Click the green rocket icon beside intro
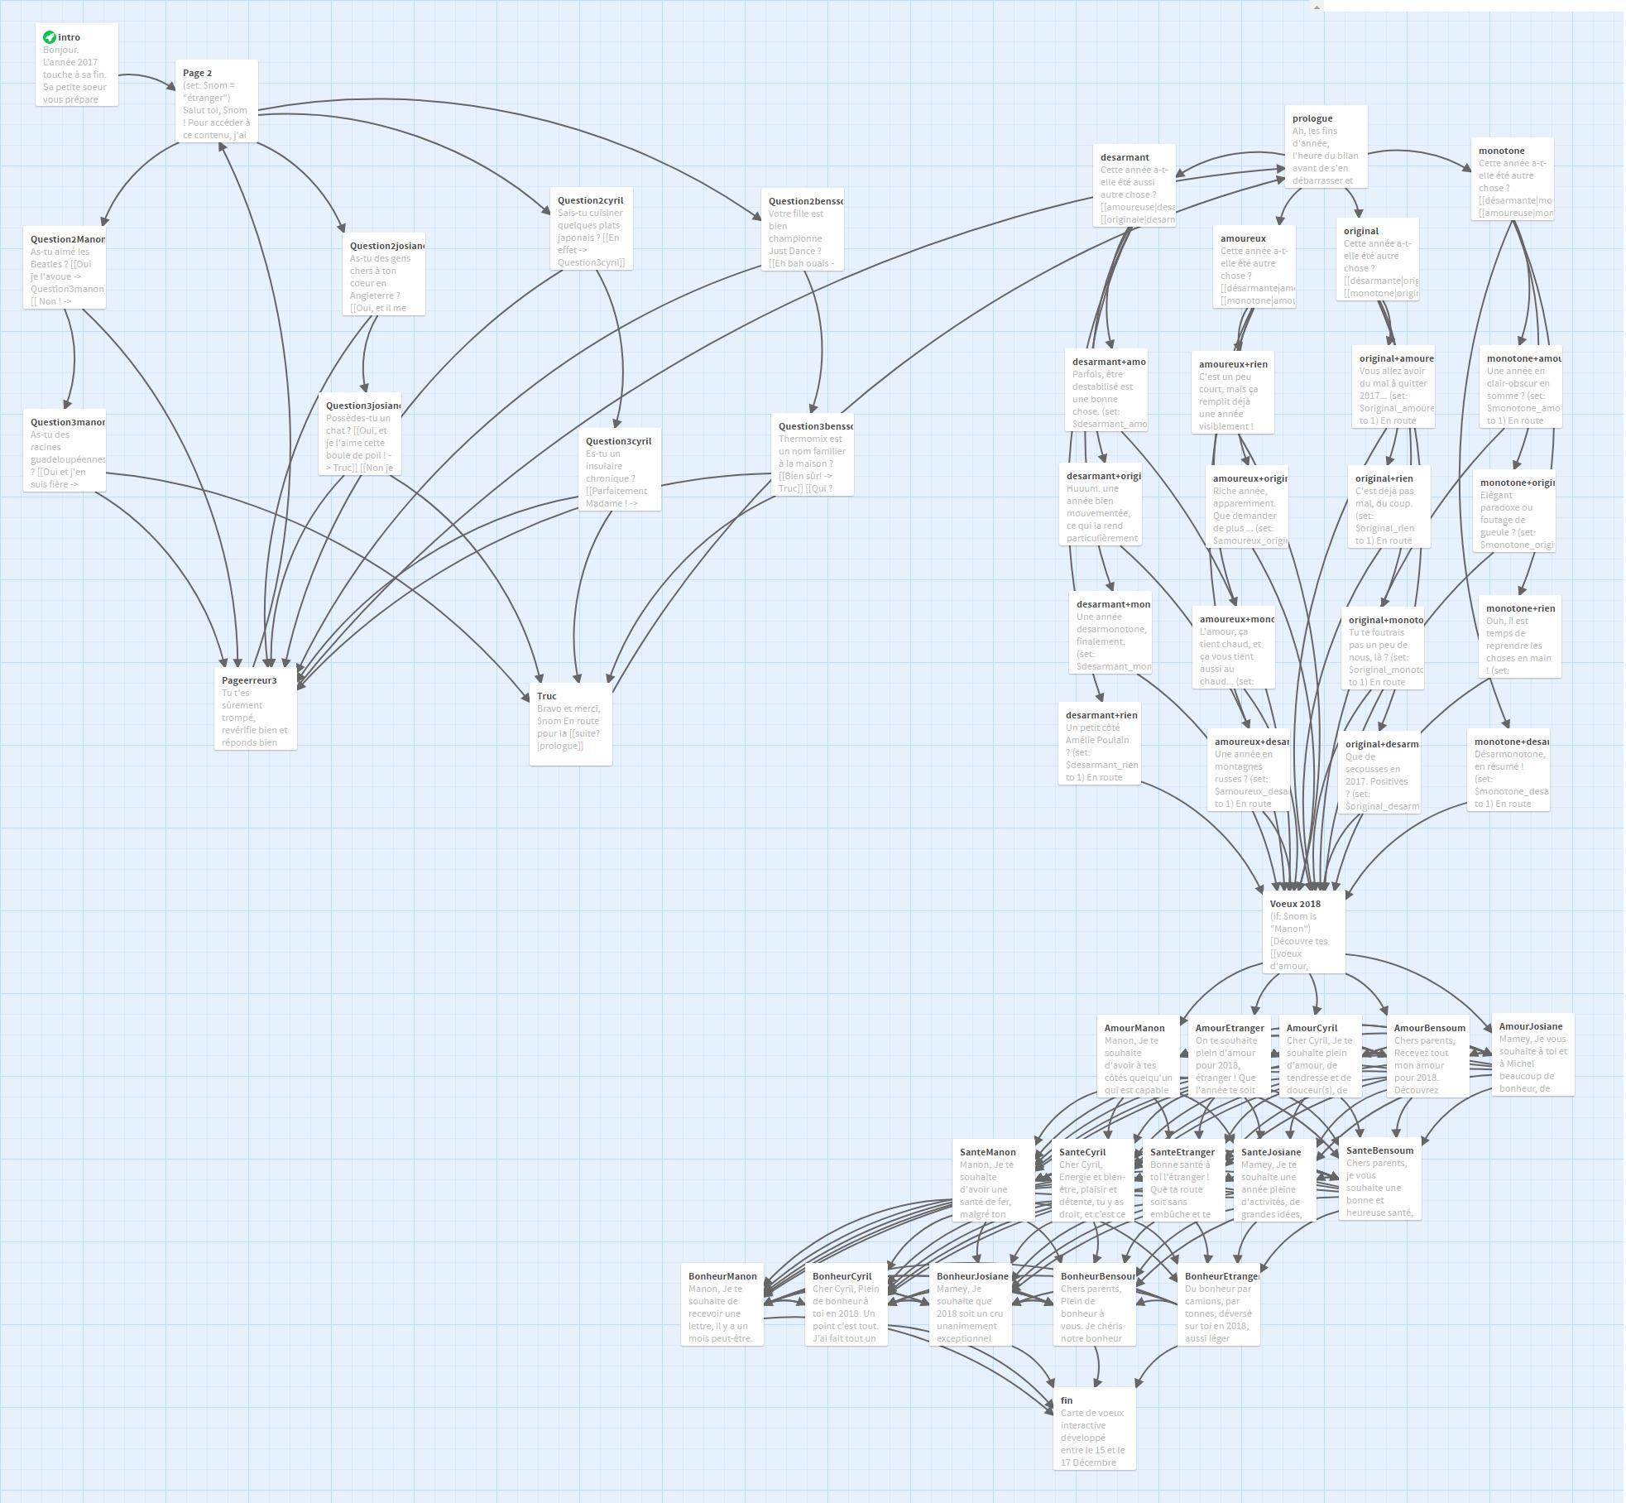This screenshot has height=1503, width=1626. click(50, 37)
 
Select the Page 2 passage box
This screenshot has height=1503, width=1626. click(216, 101)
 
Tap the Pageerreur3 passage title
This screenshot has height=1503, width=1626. click(249, 680)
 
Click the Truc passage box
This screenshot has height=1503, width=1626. click(570, 724)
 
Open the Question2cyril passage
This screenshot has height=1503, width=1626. click(591, 228)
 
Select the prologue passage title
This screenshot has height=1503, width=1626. click(1312, 118)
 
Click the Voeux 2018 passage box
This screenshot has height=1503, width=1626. click(1303, 932)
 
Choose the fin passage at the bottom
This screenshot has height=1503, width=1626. click(1094, 1429)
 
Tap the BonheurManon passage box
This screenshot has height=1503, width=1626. click(722, 1304)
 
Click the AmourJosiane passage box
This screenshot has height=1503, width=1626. click(1532, 1054)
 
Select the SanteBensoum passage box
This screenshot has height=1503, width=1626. click(1379, 1179)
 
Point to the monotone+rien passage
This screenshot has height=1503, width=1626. click(1519, 636)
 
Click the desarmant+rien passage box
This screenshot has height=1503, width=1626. click(1099, 743)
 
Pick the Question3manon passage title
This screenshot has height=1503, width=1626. click(68, 422)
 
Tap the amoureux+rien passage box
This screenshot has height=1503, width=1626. click(1232, 392)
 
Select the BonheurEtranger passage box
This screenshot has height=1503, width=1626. click(1218, 1304)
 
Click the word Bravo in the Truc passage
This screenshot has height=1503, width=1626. click(550, 708)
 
